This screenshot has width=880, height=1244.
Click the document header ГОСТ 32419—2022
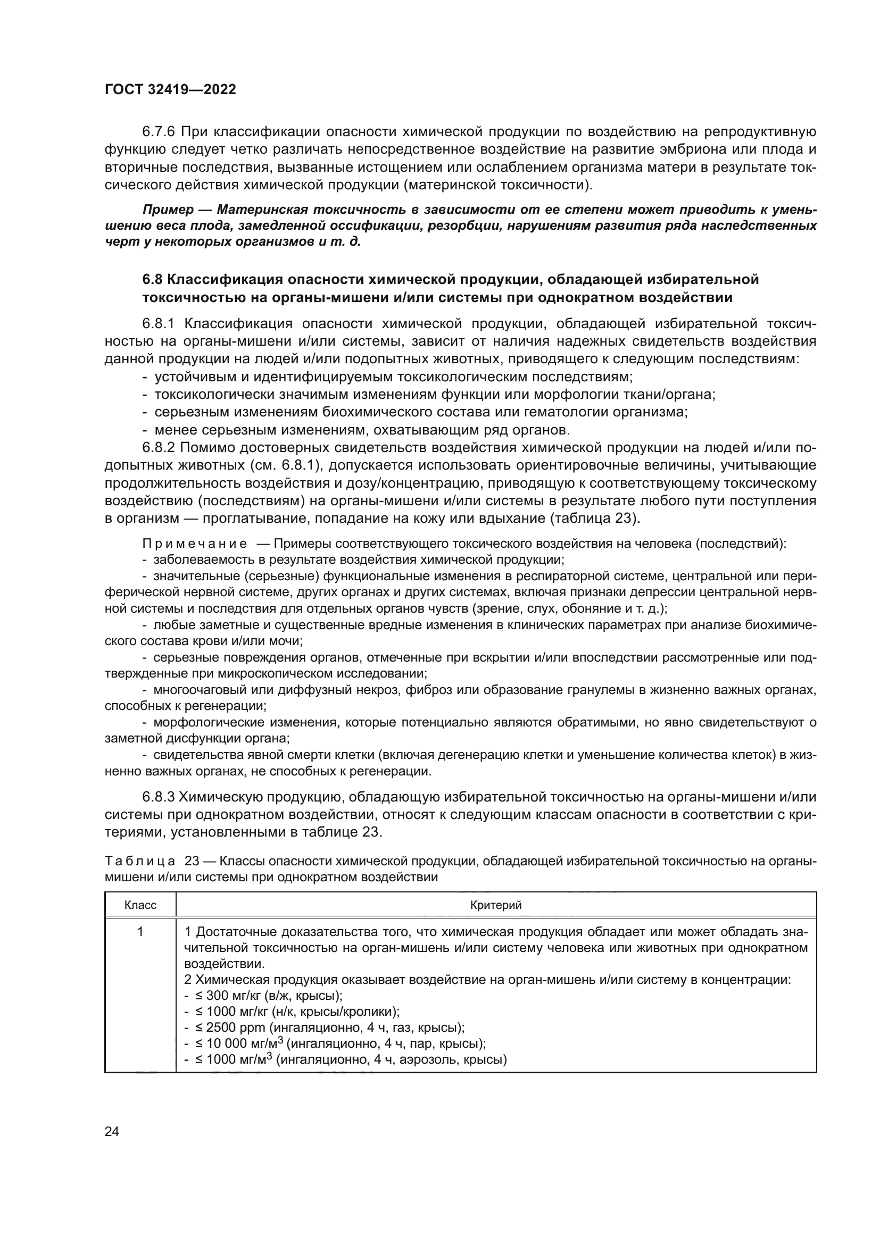pyautogui.click(x=170, y=89)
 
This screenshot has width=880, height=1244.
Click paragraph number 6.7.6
pyautogui.click(x=159, y=132)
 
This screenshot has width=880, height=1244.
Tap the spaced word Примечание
pyautogui.click(x=195, y=544)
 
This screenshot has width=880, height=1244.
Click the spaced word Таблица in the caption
pyautogui.click(x=140, y=862)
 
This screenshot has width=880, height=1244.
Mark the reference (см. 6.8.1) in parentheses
pyautogui.click(x=287, y=465)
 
